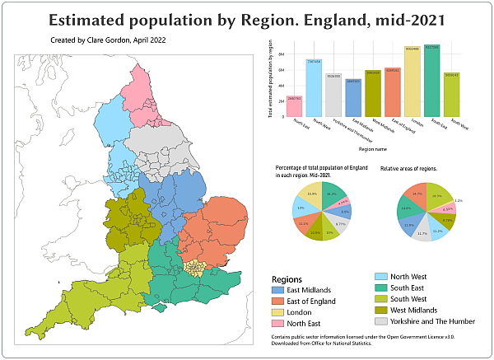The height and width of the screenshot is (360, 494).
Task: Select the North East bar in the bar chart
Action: click(x=294, y=106)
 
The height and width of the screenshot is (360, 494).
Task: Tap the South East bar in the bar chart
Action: click(x=432, y=82)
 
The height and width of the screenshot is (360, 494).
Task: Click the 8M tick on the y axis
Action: click(x=282, y=54)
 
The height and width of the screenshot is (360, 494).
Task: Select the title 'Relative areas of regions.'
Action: click(x=408, y=168)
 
